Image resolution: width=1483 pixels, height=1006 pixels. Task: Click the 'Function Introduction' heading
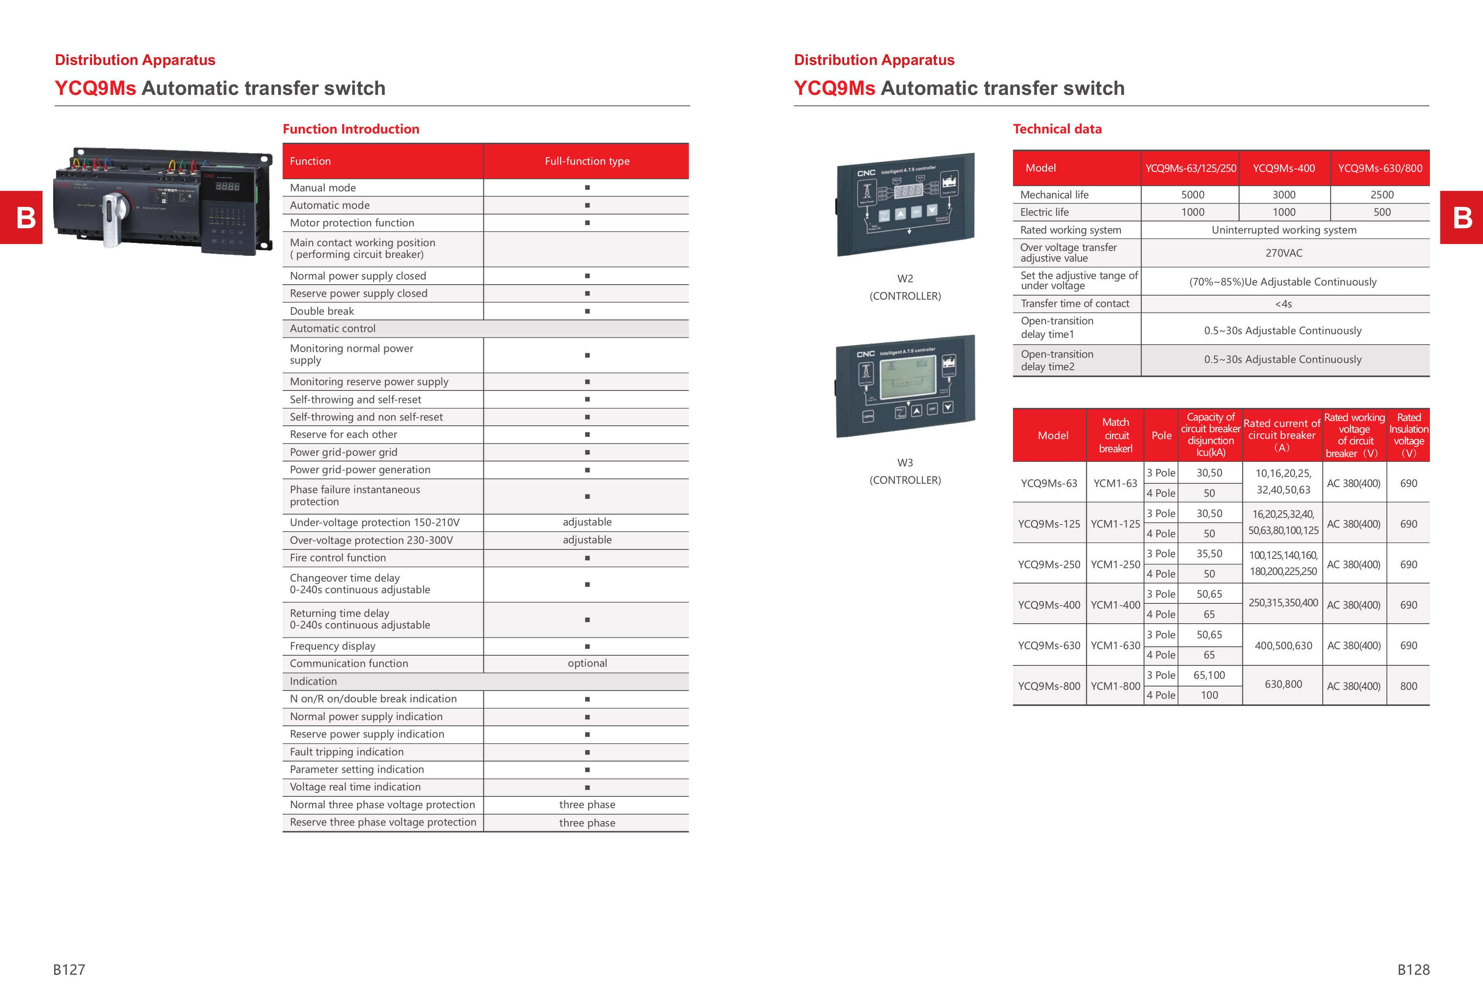tap(350, 129)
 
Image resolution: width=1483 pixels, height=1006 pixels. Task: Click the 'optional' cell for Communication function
tap(587, 663)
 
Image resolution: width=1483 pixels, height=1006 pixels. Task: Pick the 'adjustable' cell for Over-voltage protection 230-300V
tap(587, 540)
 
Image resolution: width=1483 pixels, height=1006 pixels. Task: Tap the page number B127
tap(69, 970)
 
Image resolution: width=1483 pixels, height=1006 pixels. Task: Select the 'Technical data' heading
tap(1057, 129)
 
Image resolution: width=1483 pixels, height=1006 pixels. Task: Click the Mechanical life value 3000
tap(1284, 195)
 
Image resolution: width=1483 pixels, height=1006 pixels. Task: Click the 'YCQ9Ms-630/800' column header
tap(1380, 168)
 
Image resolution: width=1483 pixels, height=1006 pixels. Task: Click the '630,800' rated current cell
tap(1283, 684)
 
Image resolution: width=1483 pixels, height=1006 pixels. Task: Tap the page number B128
tap(1413, 970)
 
